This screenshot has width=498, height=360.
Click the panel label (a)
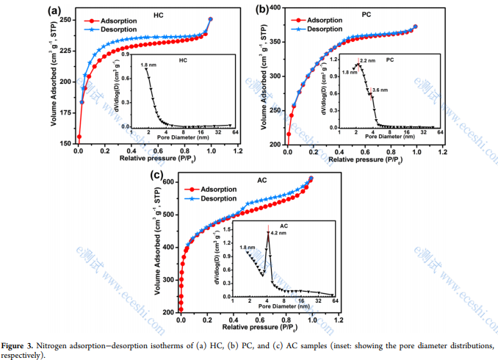point(54,10)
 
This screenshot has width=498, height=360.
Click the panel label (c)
point(156,175)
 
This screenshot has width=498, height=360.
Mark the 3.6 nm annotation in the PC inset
point(381,90)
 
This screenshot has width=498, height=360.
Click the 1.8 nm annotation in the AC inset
point(248,248)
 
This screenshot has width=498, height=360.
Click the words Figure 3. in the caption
point(21,345)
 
